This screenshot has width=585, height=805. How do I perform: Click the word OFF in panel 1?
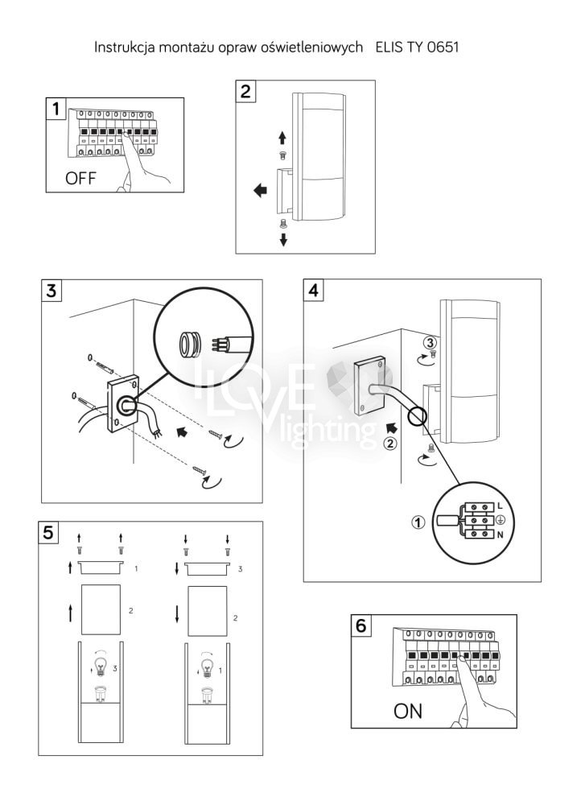pyautogui.click(x=80, y=178)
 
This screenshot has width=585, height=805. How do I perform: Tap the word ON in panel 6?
pyautogui.click(x=408, y=711)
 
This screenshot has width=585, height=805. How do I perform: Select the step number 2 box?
pyautogui.click(x=245, y=92)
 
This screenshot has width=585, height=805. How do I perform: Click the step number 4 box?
pyautogui.click(x=313, y=291)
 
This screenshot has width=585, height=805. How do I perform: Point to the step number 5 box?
pyautogui.click(x=48, y=532)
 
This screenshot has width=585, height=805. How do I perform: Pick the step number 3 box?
pyautogui.click(x=51, y=291)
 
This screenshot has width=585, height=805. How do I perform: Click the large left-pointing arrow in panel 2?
pyautogui.click(x=261, y=191)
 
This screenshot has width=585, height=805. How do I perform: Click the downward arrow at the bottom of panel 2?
pyautogui.click(x=282, y=239)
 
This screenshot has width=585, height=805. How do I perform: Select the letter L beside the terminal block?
pyautogui.click(x=501, y=506)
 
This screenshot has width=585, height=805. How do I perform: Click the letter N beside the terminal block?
pyautogui.click(x=501, y=535)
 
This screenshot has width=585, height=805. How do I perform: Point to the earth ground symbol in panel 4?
pyautogui.click(x=501, y=520)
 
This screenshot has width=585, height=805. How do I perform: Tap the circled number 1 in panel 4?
pyautogui.click(x=418, y=522)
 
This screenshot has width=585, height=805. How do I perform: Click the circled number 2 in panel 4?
pyautogui.click(x=390, y=443)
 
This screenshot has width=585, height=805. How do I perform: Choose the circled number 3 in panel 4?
pyautogui.click(x=430, y=342)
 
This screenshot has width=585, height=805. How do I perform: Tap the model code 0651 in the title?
pyautogui.click(x=443, y=47)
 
